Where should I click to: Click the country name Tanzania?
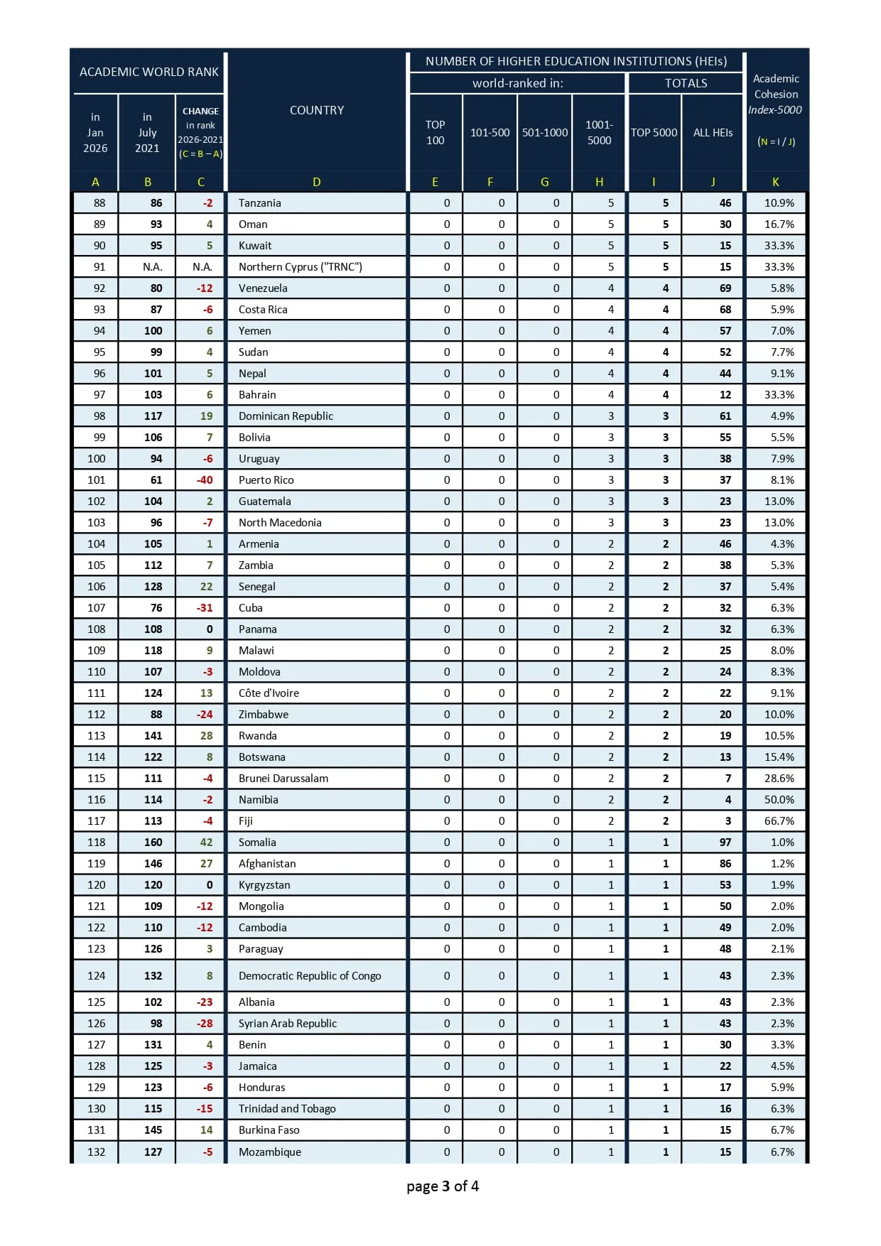coord(259,203)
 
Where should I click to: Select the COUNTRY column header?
coord(316,110)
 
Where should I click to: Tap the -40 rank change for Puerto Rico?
coord(205,480)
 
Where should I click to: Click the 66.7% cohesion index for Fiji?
coord(779,821)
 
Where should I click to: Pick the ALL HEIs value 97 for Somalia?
coord(725,843)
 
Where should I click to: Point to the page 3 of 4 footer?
coord(442,1186)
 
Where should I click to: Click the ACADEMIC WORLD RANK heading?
coord(148,72)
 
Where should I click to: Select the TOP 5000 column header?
coord(654,132)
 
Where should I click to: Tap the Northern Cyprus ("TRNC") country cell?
coord(300,267)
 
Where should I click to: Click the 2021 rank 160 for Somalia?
coord(153,843)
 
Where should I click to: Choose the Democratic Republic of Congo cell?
coord(309,976)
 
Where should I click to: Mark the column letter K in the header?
coord(775,182)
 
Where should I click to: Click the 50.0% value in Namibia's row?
coord(779,800)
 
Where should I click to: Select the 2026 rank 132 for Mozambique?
coord(96,1152)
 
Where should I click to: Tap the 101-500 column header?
coord(490,132)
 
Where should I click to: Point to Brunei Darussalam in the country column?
coord(283,779)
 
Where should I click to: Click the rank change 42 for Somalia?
coord(206,843)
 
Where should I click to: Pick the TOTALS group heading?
coord(686,83)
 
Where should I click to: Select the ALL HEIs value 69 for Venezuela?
coord(725,288)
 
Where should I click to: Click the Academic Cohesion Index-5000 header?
coord(775,94)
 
